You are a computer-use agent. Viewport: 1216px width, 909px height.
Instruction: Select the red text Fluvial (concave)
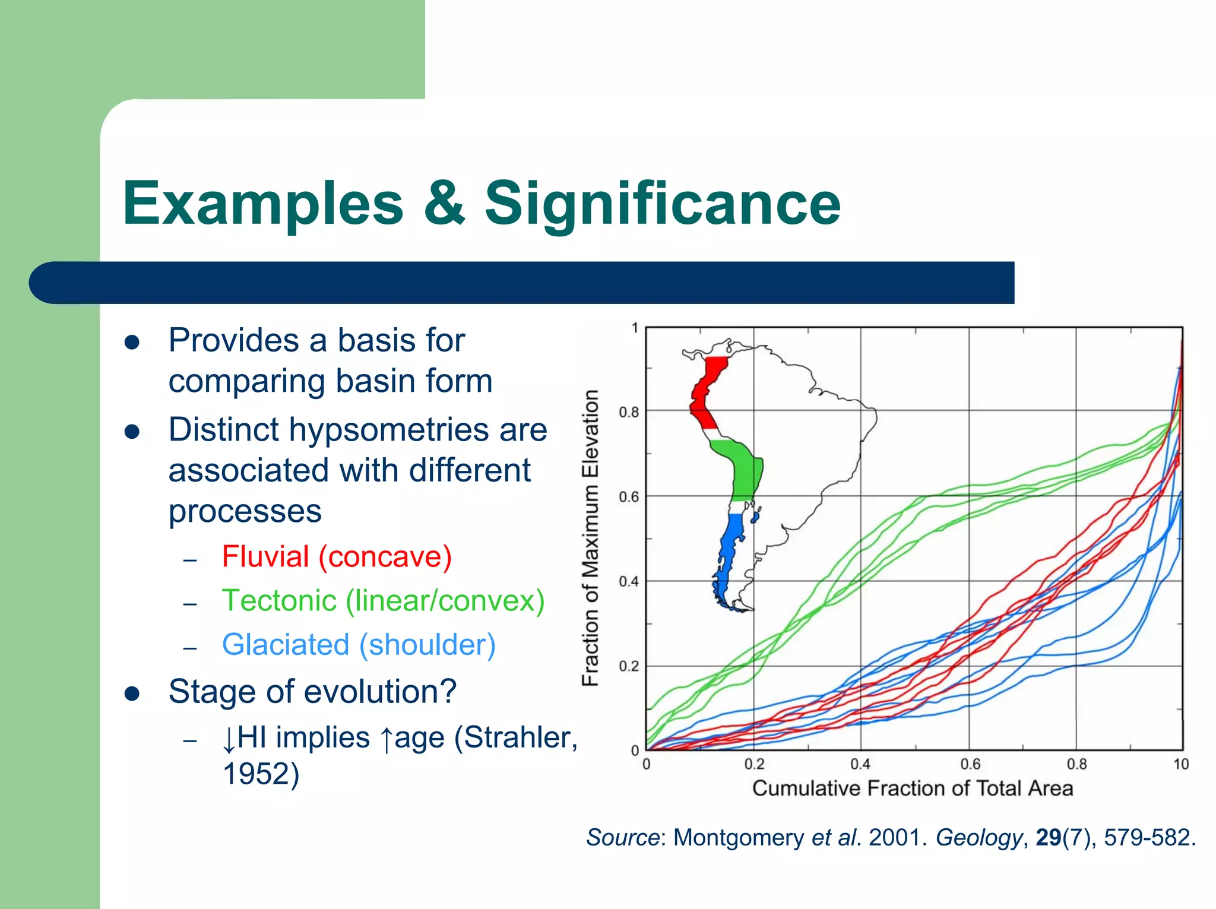[337, 557]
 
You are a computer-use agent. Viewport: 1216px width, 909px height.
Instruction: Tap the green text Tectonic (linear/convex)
[383, 600]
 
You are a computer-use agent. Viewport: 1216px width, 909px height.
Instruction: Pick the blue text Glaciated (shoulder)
[359, 645]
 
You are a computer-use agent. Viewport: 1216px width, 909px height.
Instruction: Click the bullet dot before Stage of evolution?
[132, 693]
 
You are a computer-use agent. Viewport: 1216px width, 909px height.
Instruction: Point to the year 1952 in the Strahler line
[261, 774]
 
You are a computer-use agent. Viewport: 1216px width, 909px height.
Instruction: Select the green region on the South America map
[742, 469]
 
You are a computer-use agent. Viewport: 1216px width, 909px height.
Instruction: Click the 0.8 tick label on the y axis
[628, 412]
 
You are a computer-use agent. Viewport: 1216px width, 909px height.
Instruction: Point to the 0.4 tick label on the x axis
[860, 764]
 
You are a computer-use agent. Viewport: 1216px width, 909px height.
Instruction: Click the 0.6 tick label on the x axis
[970, 764]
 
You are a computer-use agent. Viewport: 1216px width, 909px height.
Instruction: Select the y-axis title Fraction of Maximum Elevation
[590, 538]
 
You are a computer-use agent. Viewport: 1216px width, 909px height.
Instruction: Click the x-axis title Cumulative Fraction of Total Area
[913, 788]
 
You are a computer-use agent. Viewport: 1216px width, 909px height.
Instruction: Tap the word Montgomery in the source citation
[739, 838]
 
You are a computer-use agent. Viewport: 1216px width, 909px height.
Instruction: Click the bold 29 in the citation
[1048, 838]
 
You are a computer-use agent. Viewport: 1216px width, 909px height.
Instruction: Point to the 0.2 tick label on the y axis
[628, 667]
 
